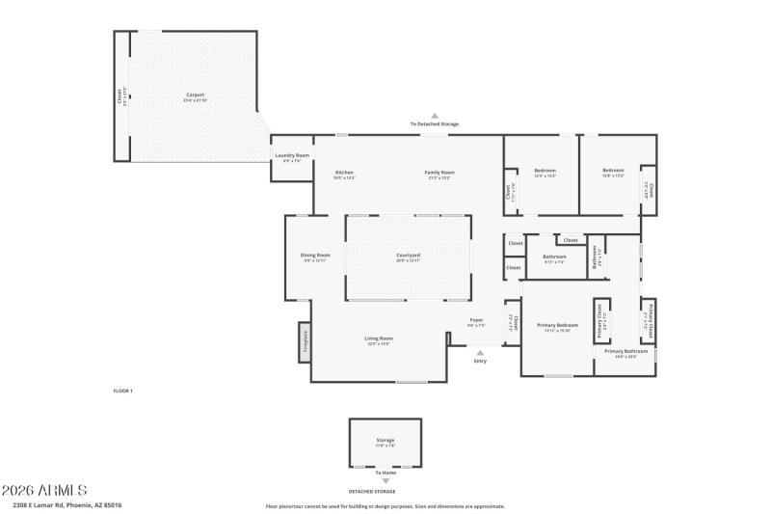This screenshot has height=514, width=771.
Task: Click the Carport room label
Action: click(x=196, y=96)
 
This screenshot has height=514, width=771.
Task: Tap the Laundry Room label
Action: click(x=292, y=156)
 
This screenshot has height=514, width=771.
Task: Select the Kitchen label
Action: click(x=344, y=174)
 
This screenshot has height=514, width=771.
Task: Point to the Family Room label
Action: click(x=439, y=174)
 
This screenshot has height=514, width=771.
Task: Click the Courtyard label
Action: click(x=409, y=257)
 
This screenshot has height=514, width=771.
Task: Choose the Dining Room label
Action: click(x=316, y=257)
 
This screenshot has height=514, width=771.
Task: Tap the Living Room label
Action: click(x=379, y=339)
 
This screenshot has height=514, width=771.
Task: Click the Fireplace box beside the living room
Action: click(x=305, y=342)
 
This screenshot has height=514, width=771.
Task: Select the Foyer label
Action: click(x=476, y=321)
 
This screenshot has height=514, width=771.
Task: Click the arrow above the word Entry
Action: click(x=480, y=353)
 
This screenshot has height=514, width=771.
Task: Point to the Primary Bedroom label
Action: click(x=557, y=327)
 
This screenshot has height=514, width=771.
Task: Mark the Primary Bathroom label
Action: click(x=626, y=352)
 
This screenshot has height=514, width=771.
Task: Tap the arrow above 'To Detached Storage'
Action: click(x=435, y=116)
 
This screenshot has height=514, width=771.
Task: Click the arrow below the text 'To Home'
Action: click(x=385, y=481)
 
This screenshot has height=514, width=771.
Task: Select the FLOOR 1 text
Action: click(x=123, y=391)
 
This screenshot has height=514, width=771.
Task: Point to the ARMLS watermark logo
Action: click(x=44, y=491)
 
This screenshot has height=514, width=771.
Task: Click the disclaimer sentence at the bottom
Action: click(x=385, y=505)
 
